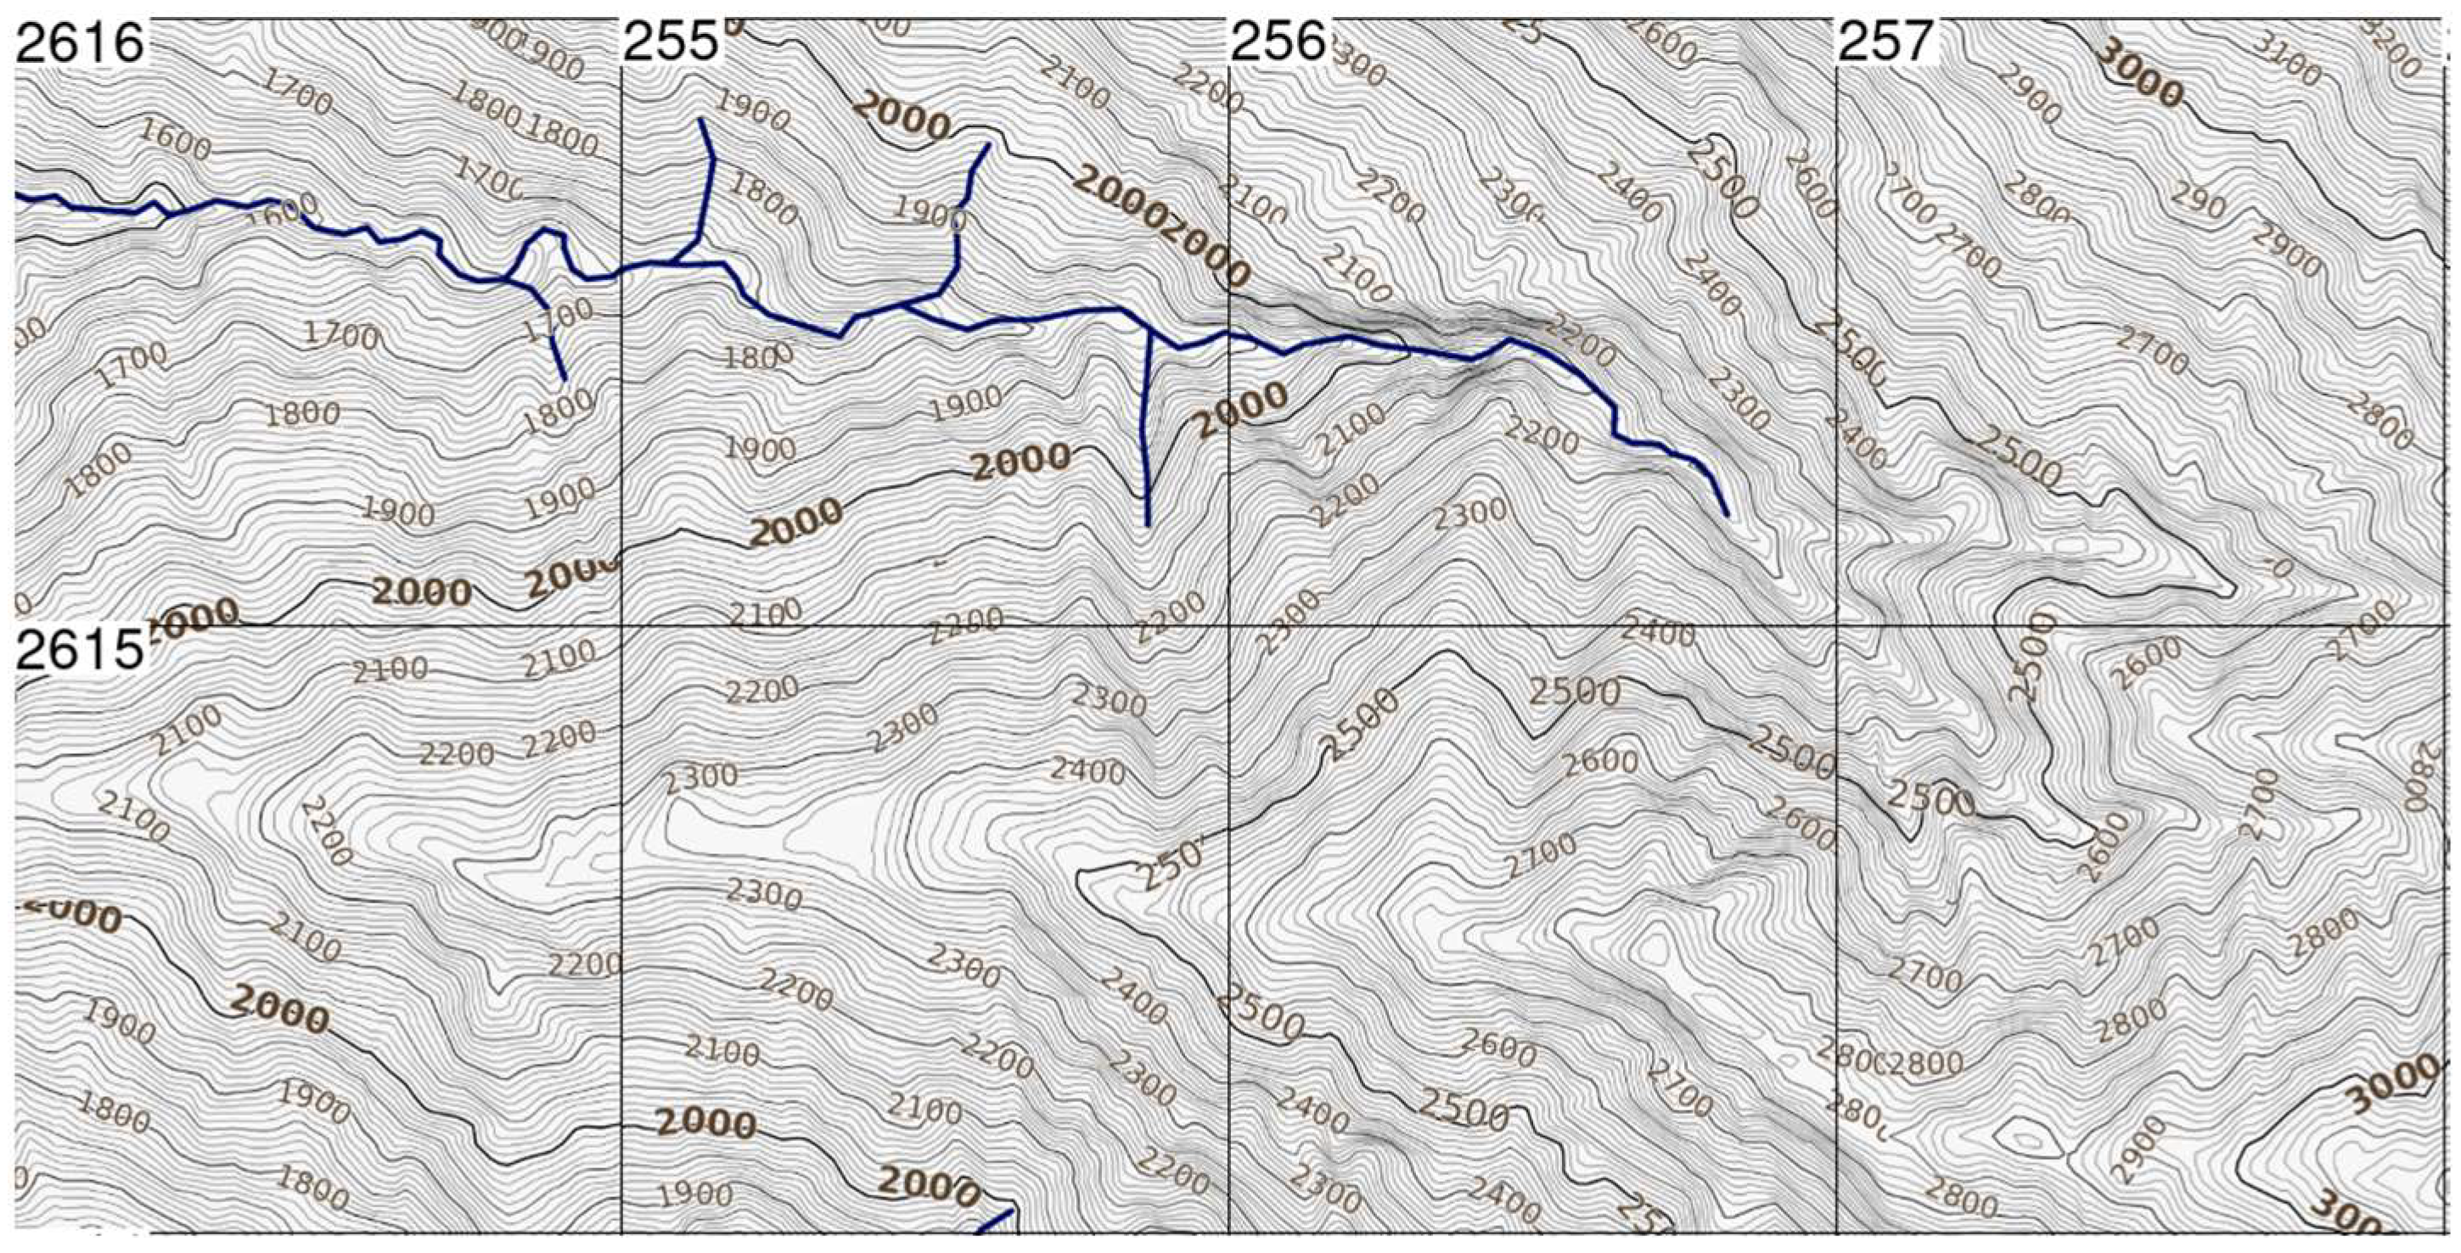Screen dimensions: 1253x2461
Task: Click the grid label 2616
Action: pos(78,43)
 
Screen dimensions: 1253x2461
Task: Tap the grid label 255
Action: pos(670,43)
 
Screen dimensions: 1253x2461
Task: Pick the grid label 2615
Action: pos(78,652)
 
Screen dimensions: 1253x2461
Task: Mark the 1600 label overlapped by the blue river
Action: pos(277,212)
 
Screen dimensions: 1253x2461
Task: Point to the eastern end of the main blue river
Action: pos(1727,515)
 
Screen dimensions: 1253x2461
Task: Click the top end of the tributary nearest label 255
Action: pos(701,120)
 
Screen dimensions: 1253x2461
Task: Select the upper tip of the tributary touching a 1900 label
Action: pos(988,145)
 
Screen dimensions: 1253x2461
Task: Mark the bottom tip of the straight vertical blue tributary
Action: pos(1146,524)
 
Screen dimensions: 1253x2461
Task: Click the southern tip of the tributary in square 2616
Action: pos(565,379)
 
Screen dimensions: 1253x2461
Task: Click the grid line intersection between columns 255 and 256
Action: pos(1228,625)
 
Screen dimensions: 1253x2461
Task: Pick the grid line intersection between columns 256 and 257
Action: pos(1836,625)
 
